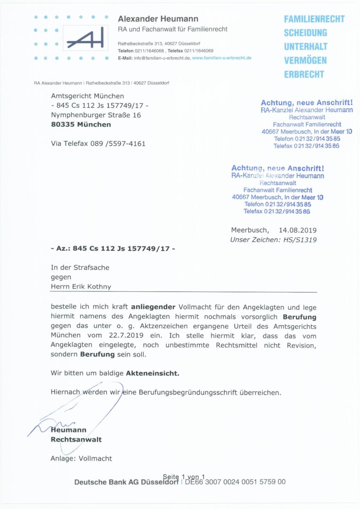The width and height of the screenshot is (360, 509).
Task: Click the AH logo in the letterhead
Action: (x=85, y=39)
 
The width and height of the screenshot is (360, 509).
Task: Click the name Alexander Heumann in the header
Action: (x=158, y=19)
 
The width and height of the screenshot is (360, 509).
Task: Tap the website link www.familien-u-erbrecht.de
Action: (x=222, y=58)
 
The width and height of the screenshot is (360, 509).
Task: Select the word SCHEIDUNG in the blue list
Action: (x=305, y=33)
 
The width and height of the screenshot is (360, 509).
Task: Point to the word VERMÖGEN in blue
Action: (x=305, y=60)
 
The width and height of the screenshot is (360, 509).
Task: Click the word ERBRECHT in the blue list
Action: (x=304, y=75)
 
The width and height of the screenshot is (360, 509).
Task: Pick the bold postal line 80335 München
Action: (x=81, y=124)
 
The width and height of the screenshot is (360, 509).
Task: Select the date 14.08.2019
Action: (x=298, y=230)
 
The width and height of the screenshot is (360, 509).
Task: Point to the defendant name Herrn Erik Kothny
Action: (x=81, y=287)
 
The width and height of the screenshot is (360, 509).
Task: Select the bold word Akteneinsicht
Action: (x=153, y=373)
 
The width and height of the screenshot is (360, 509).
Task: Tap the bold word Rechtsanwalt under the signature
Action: (x=76, y=439)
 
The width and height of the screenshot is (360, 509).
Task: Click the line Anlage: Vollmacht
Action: (x=81, y=458)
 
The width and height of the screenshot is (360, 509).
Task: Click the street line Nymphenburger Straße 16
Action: (x=96, y=115)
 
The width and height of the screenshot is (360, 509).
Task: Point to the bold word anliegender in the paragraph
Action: (x=154, y=307)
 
